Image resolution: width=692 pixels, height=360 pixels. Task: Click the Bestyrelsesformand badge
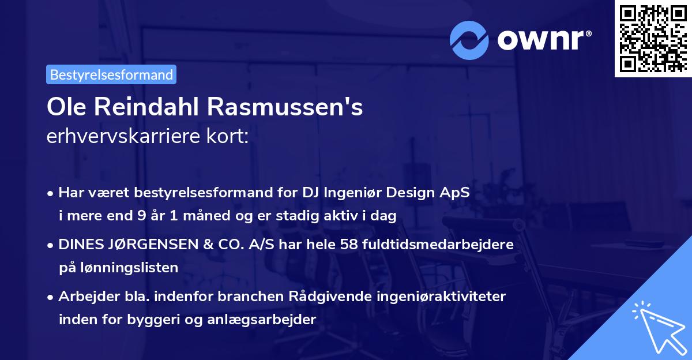(111, 74)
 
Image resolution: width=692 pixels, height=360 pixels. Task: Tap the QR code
(653, 39)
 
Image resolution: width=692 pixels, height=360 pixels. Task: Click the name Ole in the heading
(66, 108)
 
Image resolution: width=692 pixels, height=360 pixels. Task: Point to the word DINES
(78, 245)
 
